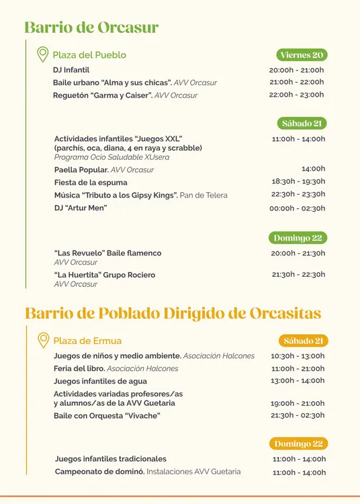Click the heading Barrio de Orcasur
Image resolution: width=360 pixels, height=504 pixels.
[91, 28]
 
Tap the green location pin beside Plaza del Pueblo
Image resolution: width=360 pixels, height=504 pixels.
[42, 54]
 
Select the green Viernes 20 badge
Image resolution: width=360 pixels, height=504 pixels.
[302, 55]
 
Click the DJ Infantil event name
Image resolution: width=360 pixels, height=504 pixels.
[71, 70]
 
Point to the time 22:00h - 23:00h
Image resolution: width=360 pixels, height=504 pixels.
[296, 95]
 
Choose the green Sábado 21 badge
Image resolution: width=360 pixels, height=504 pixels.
[302, 123]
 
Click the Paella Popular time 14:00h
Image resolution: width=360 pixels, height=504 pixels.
[313, 169]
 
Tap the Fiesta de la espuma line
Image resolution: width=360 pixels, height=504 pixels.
[91, 182]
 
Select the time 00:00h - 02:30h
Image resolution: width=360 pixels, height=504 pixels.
[297, 208]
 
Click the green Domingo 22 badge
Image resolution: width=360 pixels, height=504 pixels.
[298, 238]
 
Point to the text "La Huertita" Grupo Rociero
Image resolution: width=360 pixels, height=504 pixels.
[105, 275]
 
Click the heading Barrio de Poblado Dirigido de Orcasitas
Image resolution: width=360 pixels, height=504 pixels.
[173, 314]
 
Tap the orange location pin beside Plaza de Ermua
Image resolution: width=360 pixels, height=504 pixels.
[43, 340]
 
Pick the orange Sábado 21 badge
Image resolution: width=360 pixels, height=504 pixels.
[304, 341]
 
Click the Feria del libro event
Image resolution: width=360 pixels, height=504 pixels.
[80, 368]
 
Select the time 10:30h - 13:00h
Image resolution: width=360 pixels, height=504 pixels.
[298, 356]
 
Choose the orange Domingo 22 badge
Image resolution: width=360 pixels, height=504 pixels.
[299, 444]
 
